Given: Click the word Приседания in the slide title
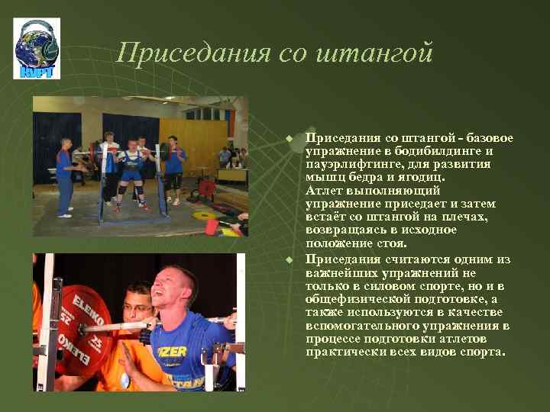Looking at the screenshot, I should pyautogui.click(x=181, y=53).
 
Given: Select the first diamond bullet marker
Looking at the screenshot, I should pyautogui.click(x=290, y=138).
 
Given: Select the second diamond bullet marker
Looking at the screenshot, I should pyautogui.click(x=290, y=260).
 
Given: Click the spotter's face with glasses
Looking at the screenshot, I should pyautogui.click(x=138, y=304).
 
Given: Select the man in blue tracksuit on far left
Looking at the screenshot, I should pyautogui.click(x=65, y=175).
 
